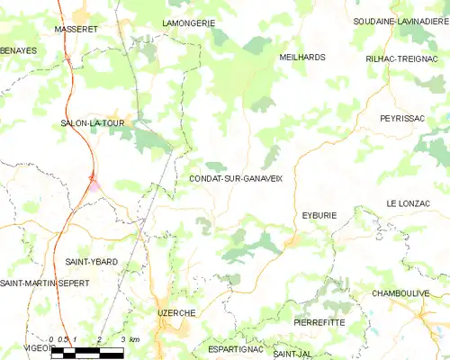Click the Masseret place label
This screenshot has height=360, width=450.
point(77,29)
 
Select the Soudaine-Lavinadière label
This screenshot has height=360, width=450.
point(400,21)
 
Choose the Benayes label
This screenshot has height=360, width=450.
point(18,50)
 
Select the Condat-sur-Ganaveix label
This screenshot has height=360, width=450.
point(236,179)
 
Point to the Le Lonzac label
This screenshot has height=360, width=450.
point(409,204)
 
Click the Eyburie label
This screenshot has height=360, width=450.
point(319,215)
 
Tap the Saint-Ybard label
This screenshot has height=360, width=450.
point(92,261)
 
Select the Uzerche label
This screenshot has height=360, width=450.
point(176,311)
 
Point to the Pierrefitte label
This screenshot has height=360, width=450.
point(319,321)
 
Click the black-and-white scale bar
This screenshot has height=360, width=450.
point(87,353)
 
